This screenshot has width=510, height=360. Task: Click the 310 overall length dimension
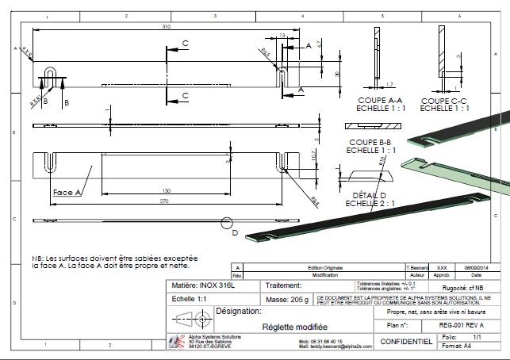point(167,26)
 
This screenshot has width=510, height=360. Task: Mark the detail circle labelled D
point(228,224)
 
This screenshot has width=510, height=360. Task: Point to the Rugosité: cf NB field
point(463,288)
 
